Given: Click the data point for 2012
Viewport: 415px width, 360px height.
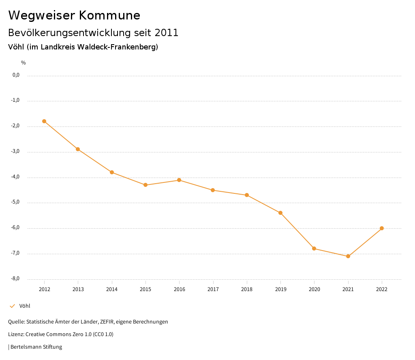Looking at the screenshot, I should point(44,121).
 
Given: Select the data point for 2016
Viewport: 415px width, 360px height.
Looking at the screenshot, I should point(179,180).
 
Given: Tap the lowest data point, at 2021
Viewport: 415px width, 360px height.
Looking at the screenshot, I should point(348,256).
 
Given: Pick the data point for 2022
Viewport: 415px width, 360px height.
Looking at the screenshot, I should point(382,228).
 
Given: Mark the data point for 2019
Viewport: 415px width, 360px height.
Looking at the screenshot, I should point(280,213).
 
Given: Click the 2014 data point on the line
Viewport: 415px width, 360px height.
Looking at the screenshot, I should point(112,172).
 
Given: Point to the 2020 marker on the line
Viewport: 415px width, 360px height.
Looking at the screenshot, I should point(314,249).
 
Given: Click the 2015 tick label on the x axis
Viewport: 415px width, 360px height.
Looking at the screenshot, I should point(145,289).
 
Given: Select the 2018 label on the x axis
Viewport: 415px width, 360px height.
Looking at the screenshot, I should point(247,289).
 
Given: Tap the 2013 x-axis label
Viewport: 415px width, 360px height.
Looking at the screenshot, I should point(78,289).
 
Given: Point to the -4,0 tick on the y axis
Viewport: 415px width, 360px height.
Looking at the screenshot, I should point(16,177).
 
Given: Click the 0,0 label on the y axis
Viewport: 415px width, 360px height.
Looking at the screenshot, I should point(16,75).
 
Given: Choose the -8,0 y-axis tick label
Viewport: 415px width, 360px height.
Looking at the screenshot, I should point(16,279).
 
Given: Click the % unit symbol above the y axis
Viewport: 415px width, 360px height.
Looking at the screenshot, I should point(24,63).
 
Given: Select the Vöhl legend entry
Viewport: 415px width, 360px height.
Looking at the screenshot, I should point(25,306).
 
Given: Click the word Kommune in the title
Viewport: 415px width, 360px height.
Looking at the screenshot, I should point(109,15).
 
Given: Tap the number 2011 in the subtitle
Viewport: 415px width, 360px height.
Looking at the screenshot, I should point(167,33).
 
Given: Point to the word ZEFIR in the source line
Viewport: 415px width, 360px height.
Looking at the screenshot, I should point(106,322).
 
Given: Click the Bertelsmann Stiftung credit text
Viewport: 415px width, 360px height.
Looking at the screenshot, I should point(36,347).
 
